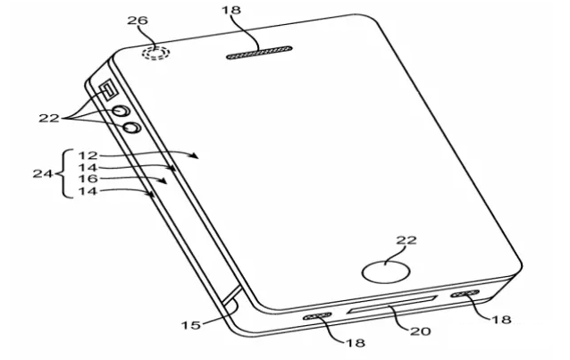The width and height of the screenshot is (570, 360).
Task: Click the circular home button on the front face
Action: point(386,272)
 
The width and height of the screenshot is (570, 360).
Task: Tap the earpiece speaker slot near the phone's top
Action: point(259,53)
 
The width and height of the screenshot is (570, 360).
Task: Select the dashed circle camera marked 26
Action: point(156,54)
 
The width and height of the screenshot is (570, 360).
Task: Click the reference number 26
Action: point(138,21)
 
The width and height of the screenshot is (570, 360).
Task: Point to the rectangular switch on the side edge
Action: point(108,90)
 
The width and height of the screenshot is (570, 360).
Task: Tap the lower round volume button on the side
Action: point(131,127)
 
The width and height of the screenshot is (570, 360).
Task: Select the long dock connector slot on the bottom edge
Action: point(392,304)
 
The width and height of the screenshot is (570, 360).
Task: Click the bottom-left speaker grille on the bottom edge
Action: point(317,316)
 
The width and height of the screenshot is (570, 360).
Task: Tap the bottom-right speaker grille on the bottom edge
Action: point(465,294)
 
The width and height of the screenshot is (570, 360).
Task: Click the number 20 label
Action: point(420,331)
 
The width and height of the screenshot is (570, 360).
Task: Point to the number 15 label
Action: point(191,325)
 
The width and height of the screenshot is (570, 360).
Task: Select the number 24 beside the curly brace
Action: point(43,173)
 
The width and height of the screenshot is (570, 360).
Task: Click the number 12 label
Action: point(88,155)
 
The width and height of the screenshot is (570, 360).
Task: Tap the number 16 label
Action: point(88,179)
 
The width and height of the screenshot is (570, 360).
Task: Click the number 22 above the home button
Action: point(407,240)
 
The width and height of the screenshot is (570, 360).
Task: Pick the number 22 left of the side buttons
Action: point(49,118)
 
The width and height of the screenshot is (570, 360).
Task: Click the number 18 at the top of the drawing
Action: point(231,10)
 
